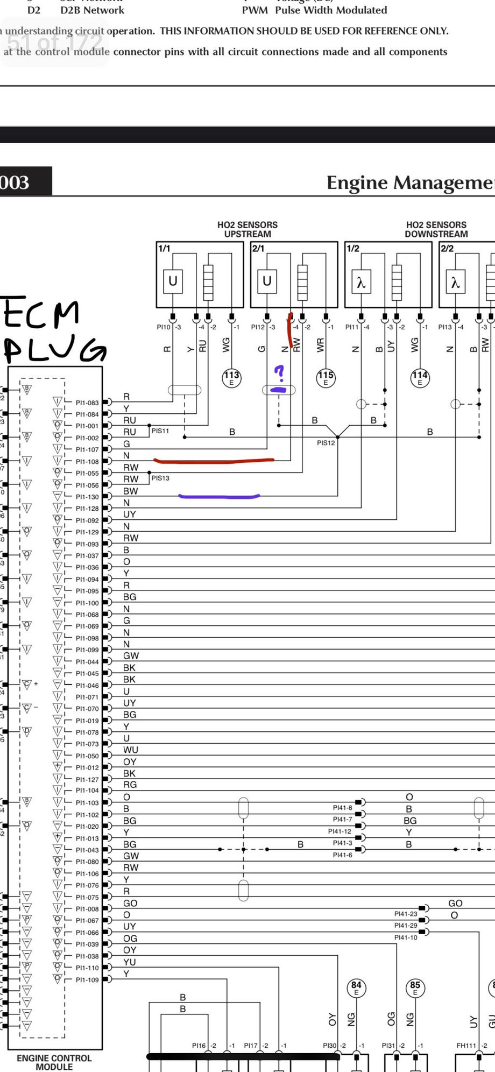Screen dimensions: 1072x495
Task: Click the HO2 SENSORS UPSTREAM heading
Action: (247, 229)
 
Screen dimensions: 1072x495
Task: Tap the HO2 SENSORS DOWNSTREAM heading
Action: (436, 229)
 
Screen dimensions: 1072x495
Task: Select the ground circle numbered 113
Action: (231, 377)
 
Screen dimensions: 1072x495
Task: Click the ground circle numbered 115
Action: (326, 377)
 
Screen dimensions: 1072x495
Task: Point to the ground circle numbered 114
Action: (420, 377)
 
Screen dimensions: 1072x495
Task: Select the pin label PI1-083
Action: (87, 403)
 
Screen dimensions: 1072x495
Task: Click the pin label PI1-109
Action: (87, 980)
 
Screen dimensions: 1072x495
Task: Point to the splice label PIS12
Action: (326, 443)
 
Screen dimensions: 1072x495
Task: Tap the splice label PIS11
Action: (160, 431)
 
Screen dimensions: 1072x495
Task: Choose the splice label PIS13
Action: (160, 478)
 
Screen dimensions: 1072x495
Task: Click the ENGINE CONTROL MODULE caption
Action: (54, 1062)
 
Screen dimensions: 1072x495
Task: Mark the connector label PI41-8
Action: (342, 808)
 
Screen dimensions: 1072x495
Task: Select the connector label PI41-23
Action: (406, 914)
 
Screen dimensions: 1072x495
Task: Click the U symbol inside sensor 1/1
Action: (173, 281)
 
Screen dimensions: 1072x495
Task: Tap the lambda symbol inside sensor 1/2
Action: (361, 282)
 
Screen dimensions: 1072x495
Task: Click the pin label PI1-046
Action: (87, 686)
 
